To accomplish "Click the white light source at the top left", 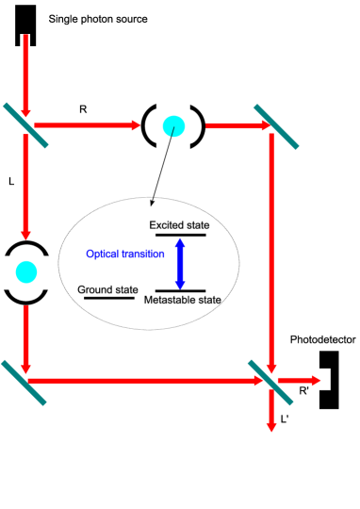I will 25,41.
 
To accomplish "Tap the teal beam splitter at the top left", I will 25,125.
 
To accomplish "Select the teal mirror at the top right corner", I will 276,127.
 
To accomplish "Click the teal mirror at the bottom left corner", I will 24,383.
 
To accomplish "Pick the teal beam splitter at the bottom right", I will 270,383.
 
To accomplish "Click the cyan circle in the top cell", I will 173,126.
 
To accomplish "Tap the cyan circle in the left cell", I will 26,272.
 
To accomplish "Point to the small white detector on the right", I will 324,379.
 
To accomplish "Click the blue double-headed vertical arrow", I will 180,264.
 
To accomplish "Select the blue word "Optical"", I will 103,254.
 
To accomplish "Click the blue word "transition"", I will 143,254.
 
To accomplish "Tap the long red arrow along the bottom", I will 141,381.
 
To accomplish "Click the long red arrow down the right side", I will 271,250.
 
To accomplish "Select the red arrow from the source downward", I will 25,80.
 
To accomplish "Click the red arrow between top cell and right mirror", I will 236,125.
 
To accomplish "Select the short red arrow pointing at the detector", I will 298,381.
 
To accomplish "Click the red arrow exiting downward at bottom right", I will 271,411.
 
